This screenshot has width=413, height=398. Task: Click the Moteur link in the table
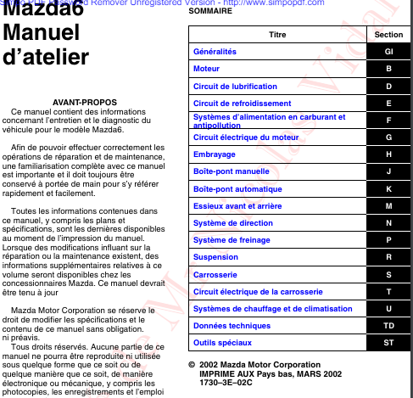208,67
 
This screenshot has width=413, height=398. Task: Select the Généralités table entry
215,51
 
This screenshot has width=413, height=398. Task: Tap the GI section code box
388,51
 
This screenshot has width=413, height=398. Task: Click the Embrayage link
215,154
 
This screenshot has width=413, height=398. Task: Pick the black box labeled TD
388,325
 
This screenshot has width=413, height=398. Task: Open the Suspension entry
215,256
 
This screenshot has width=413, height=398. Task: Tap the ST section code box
388,342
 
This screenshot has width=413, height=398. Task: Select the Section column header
388,34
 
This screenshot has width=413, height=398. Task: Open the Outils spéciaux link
222,342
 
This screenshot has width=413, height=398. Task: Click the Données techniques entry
231,325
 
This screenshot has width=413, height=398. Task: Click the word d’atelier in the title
46,57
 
